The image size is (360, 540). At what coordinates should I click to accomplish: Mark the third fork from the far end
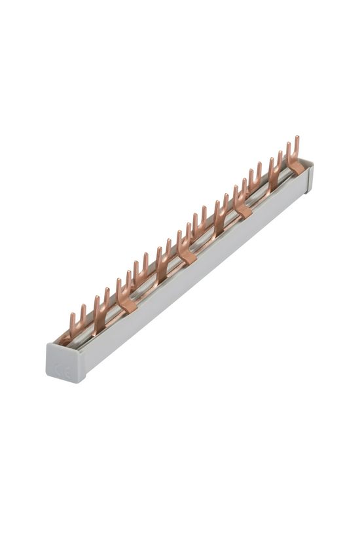255,178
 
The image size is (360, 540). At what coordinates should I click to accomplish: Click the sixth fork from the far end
200,223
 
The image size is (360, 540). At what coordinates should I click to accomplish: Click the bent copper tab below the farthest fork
297,168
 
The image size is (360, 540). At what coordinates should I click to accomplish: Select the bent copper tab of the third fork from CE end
127,304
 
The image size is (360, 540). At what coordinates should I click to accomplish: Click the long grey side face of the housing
196,275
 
